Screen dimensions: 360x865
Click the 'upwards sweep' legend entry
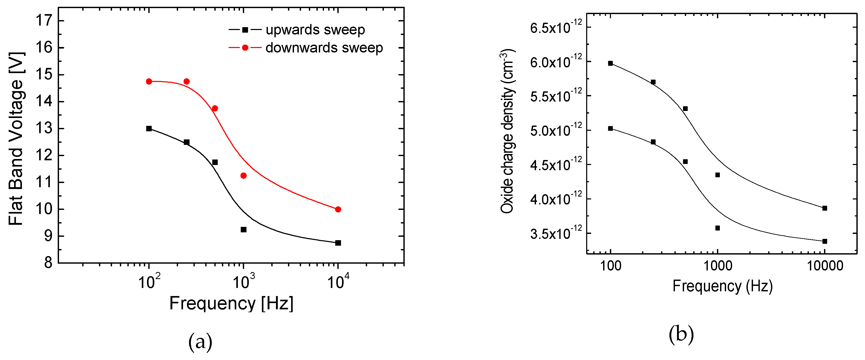coord(315,30)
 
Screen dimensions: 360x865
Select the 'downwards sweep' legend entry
coord(324,48)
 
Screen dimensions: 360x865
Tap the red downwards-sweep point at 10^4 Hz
coord(338,209)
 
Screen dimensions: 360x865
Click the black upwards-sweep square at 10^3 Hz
coord(243,229)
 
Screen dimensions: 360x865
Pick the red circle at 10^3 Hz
coord(243,176)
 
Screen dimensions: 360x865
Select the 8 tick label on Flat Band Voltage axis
coord(48,263)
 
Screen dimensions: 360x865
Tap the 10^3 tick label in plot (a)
coord(243,281)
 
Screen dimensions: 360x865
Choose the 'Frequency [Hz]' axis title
coord(231,303)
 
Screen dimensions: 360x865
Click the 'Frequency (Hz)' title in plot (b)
coord(722,286)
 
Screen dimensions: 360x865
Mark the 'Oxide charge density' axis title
coord(507,131)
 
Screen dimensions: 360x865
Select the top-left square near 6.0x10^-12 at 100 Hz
coord(610,63)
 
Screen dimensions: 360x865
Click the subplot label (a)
coord(201,342)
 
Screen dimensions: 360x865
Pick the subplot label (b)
coord(681,334)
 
